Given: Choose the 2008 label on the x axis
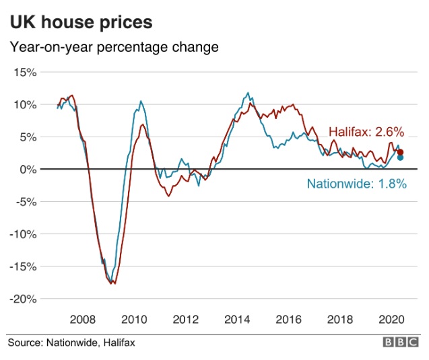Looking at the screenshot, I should click(x=81, y=318).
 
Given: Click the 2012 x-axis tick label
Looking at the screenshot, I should click(x=186, y=318).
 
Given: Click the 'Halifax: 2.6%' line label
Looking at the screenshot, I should click(x=365, y=132).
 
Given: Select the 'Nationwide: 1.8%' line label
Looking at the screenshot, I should click(x=356, y=183).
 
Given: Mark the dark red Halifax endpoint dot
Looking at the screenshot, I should click(x=401, y=152).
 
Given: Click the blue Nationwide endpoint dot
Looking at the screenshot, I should click(x=401, y=157).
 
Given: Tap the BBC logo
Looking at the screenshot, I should click(x=401, y=343).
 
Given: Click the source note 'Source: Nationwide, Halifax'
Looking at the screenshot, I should click(x=71, y=343).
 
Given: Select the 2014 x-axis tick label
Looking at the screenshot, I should click(x=238, y=318).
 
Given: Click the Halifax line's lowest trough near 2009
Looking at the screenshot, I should click(x=114, y=284).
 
